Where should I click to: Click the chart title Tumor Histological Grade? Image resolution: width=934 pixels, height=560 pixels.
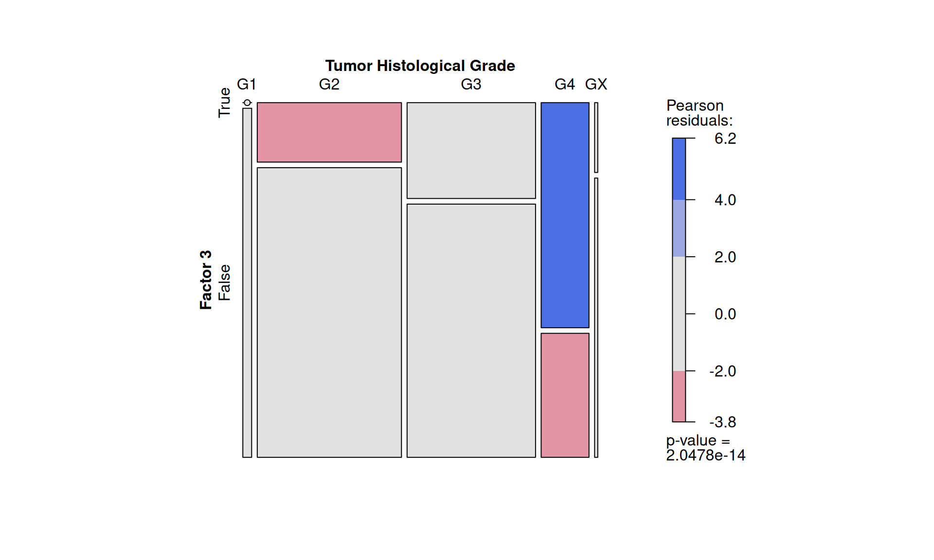420,66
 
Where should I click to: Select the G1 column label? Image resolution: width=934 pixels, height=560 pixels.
246,85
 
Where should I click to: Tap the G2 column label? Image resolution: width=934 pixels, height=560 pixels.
329,85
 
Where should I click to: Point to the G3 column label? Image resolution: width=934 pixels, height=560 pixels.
471,85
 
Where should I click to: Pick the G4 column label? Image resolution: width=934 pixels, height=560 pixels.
564,85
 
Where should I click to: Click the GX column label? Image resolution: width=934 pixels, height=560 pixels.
596,85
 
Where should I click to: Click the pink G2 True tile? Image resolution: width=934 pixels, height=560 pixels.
329,132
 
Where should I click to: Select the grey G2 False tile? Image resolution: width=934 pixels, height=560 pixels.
329,312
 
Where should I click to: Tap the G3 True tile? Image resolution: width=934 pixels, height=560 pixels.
471,150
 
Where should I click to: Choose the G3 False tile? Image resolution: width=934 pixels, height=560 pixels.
471,331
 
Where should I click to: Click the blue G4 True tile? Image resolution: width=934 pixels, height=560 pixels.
565,215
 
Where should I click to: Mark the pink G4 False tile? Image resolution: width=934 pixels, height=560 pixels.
565,395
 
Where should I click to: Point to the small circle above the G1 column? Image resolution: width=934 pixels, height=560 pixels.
247,103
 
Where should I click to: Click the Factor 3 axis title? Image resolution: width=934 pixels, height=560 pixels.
206,280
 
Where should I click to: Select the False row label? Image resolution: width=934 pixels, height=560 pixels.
224,282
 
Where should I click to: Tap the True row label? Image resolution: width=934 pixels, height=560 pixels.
224,103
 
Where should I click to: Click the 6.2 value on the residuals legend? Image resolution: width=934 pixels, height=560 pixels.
725,139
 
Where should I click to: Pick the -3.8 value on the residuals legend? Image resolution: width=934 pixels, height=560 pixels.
722,422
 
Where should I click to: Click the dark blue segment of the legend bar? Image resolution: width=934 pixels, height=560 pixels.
679,169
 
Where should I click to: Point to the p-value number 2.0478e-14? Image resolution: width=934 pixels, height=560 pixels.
705,455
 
